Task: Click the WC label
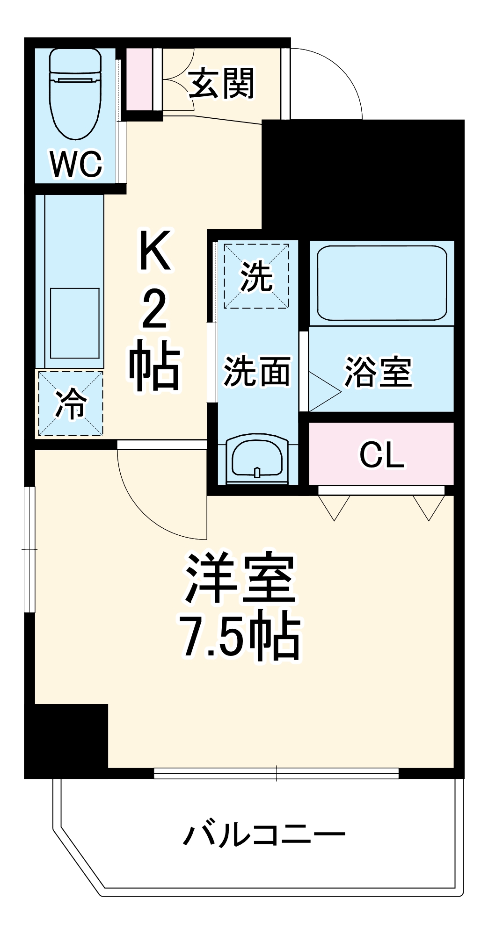tap(76, 164)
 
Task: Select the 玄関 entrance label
tap(222, 83)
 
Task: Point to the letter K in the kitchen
tap(155, 251)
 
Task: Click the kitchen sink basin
tap(75, 323)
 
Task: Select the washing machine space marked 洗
tap(256, 275)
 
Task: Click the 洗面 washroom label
tap(256, 371)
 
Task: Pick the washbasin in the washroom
tap(257, 459)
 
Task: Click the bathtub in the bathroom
tap(382, 283)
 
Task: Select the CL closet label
tap(381, 454)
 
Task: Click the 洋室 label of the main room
tap(240, 578)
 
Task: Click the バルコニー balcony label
tap(264, 835)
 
